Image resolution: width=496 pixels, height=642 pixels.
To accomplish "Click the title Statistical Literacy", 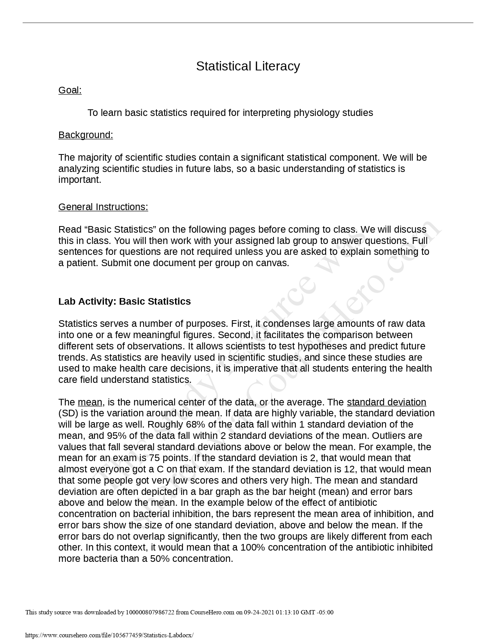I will pos(248,66).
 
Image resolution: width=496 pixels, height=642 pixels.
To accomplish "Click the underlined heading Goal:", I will pos(70,90).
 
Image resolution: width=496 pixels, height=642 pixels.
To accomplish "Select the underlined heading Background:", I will pos(86,135).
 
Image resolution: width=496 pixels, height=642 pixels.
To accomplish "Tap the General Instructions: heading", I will pos(103,207).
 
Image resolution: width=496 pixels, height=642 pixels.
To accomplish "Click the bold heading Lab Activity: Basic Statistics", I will pos(124,302).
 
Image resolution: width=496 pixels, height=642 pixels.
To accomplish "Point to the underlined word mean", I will pos(90,402).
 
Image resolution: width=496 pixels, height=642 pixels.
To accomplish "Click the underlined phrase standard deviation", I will pos(386,402).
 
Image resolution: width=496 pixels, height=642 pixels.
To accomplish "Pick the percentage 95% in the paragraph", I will pos(98,436).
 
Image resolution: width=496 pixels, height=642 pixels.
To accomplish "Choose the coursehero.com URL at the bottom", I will pos(109,635).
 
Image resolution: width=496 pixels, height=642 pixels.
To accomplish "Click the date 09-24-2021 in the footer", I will pos(259,612).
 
